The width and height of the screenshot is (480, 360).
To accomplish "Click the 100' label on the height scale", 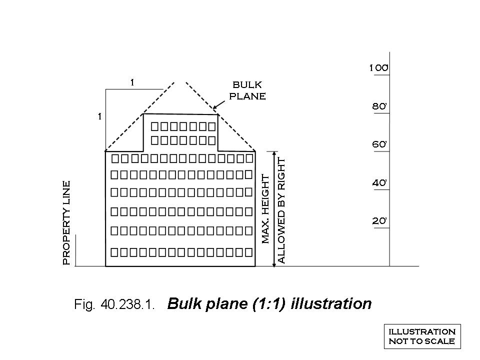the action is pos(379,67).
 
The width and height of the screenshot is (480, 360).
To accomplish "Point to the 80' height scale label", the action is pos(379,106).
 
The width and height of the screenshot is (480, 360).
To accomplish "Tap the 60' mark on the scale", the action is pos(379,144).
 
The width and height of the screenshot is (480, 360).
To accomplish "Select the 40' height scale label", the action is pos(379,183).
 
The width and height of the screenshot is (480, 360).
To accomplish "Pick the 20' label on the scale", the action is pos(379,220).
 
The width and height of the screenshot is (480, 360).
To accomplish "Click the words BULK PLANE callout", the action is pos(247,90).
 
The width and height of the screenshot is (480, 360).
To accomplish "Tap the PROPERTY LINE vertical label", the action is pos(66,223).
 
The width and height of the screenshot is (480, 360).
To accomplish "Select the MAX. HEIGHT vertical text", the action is pos(265,209).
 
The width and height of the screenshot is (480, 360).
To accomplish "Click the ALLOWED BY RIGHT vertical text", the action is pos(281,211).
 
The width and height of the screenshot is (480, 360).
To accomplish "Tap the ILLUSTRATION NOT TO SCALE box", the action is pos(422,336).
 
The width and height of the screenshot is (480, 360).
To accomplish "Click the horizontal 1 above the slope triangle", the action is pos(132,82).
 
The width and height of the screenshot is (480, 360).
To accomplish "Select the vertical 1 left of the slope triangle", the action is pos(100,116).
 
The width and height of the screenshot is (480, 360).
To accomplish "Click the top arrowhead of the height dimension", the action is pos(274,153).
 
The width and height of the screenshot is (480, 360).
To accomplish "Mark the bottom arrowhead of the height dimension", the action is pos(274,263).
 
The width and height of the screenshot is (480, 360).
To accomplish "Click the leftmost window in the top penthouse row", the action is pos(155,126).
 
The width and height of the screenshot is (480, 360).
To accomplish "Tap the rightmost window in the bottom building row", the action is pos(248,252).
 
